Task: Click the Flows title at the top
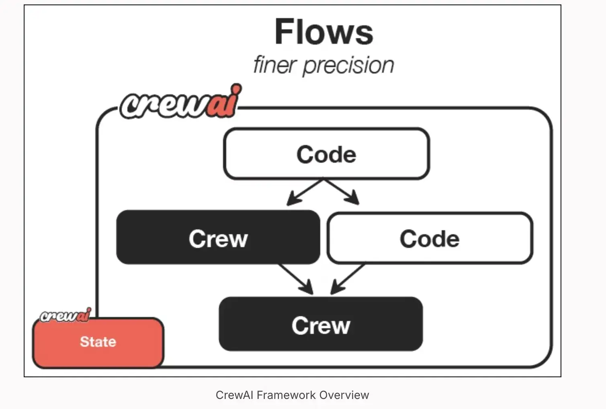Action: [324, 32]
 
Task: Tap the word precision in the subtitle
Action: [348, 65]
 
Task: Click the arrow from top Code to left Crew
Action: [305, 192]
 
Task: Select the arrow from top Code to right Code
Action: [342, 192]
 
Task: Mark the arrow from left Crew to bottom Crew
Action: [297, 278]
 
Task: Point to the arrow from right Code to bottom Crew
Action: [347, 278]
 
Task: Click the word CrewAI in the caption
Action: [235, 395]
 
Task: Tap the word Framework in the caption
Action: [286, 395]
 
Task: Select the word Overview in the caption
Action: [344, 395]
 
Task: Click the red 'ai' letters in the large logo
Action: [223, 102]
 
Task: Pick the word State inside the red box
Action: [98, 342]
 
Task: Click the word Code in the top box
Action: [326, 155]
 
